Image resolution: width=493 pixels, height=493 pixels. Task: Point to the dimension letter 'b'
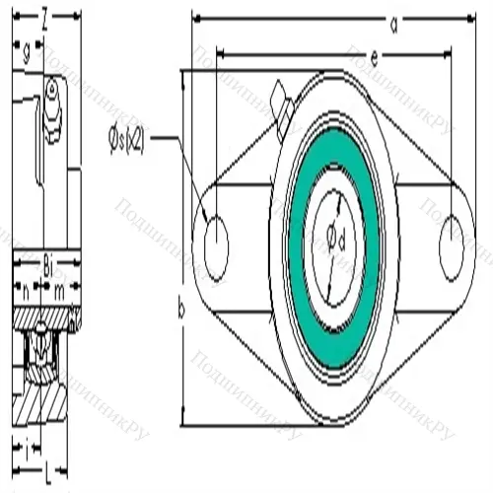click(180, 310)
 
